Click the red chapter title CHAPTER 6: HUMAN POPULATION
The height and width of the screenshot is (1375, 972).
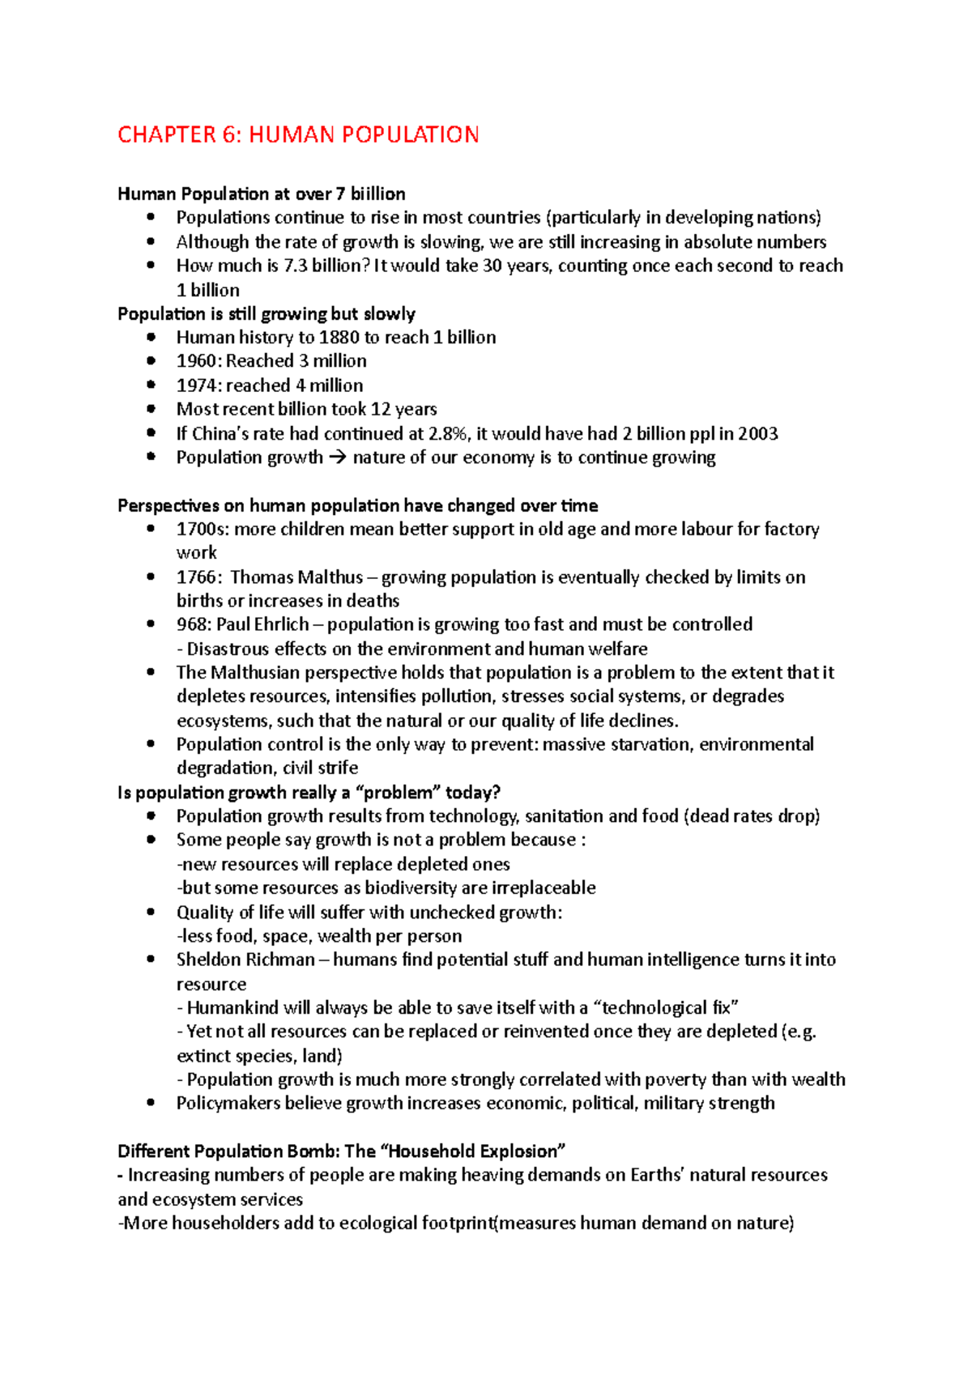298,134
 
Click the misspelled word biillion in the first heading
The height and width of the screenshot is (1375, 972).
377,194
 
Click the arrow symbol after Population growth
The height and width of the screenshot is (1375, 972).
338,458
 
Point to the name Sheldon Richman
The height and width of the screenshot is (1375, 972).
245,960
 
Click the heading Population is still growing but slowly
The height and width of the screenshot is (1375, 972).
266,314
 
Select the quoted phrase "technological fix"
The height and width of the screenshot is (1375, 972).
666,1007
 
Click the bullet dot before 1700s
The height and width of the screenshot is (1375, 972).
151,529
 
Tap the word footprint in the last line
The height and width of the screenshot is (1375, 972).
458,1223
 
